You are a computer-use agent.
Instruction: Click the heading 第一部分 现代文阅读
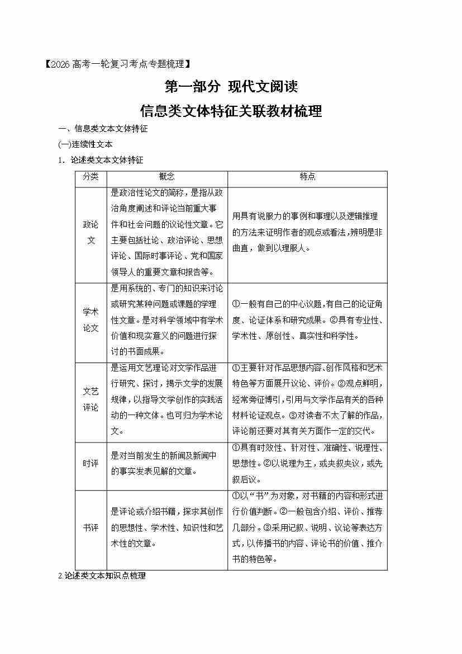231,87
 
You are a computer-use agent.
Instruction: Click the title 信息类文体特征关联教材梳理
231,111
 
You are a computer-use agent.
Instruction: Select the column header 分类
91,177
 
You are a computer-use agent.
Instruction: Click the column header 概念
166,177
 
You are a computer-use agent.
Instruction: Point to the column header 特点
307,177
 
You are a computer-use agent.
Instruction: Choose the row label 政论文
91,232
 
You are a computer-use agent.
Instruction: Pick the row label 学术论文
91,320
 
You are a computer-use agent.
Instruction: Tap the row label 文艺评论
91,399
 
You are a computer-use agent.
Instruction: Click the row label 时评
91,464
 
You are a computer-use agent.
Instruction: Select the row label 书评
91,528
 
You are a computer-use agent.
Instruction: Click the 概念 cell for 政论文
166,232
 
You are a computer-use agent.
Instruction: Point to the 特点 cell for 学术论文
307,320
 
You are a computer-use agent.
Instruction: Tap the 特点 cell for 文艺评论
307,399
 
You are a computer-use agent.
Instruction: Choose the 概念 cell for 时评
166,464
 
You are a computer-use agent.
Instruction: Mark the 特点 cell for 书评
307,528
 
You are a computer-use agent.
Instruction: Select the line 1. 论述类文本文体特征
101,160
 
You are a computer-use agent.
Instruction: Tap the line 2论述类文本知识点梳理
102,576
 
